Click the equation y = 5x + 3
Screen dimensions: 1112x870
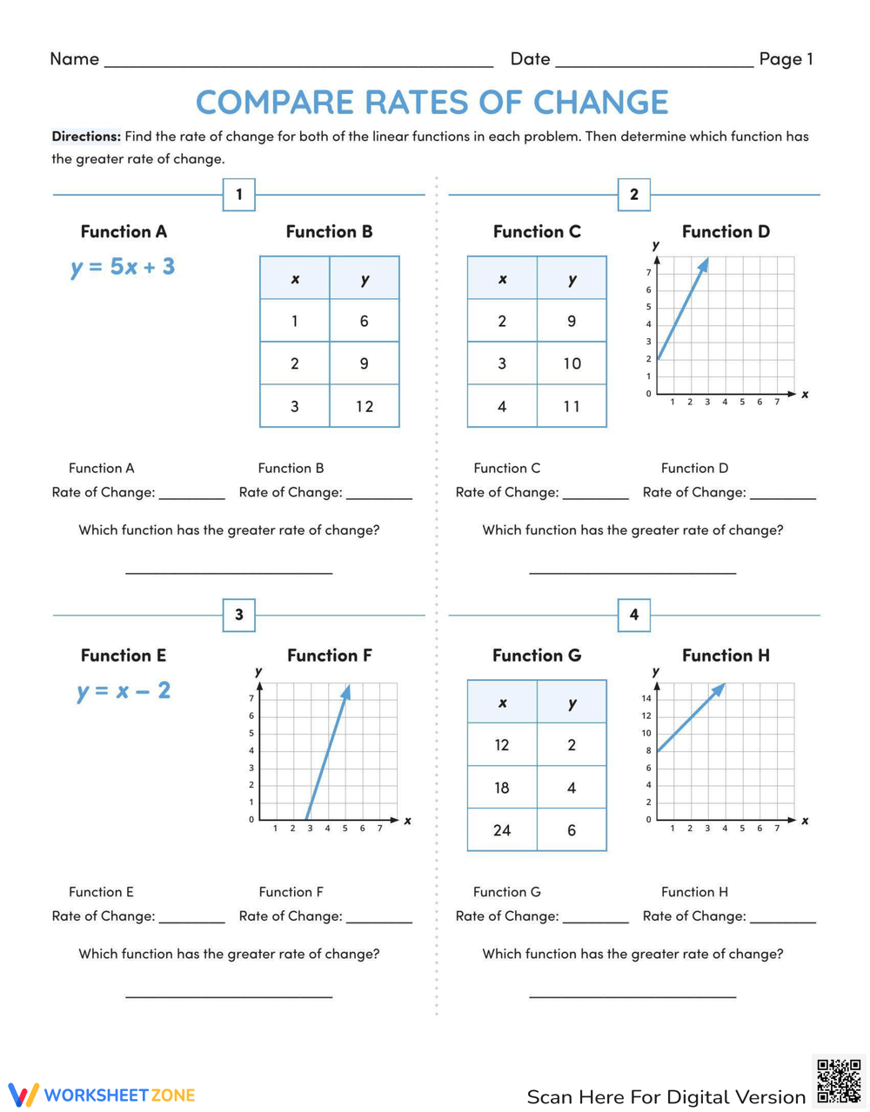[123, 267]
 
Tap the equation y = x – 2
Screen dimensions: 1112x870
[124, 691]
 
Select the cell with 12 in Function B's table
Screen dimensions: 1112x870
[364, 406]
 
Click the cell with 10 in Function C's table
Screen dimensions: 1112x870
[572, 363]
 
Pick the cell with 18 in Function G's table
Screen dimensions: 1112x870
[502, 788]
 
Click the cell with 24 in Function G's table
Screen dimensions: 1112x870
[502, 830]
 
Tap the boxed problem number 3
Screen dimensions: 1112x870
[239, 615]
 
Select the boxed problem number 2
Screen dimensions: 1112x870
[634, 194]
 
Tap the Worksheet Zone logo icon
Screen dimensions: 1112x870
[23, 1095]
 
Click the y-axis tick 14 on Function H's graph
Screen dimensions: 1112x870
[646, 698]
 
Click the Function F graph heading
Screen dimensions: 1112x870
[330, 656]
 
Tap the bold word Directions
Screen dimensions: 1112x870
[85, 137]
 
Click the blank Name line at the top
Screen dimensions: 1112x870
[298, 61]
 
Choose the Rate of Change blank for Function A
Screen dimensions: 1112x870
[191, 494]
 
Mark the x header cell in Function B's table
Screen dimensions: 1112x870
[295, 279]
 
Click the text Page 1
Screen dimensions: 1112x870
[786, 59]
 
